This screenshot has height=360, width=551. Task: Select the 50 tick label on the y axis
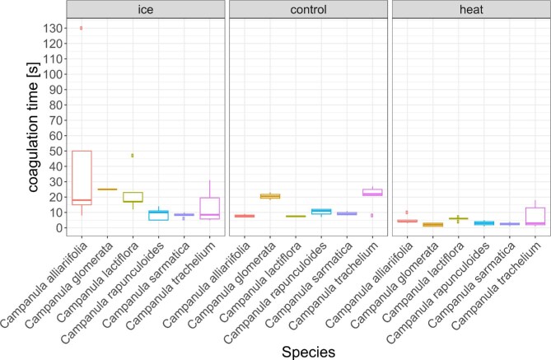(51, 151)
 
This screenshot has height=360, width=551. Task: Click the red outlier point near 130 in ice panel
(81, 28)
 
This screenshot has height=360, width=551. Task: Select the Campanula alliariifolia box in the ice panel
(81, 177)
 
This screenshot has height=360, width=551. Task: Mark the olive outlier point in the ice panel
(133, 155)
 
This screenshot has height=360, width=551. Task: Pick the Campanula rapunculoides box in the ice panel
(158, 215)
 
